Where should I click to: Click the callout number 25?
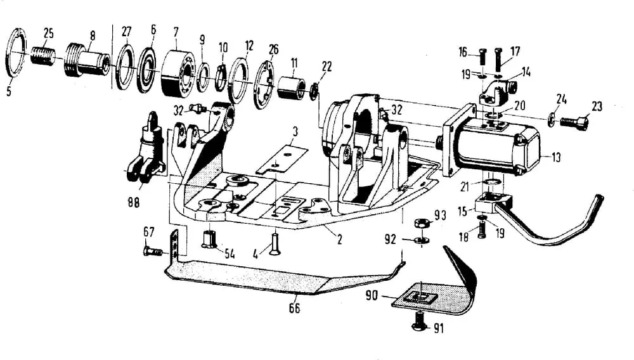48,32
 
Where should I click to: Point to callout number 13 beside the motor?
556,158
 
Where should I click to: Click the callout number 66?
294,309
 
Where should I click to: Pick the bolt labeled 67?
152,252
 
